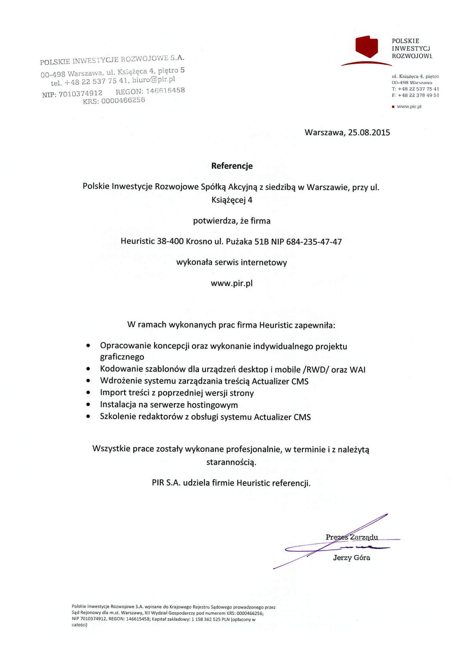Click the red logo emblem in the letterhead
pyautogui.click(x=367, y=47)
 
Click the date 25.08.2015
pyautogui.click(x=369, y=133)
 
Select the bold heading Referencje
pyautogui.click(x=232, y=166)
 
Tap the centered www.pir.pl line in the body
pyautogui.click(x=232, y=283)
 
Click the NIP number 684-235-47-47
pyautogui.click(x=314, y=242)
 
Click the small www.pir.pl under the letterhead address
pyautogui.click(x=409, y=106)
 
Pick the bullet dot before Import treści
pyautogui.click(x=88, y=393)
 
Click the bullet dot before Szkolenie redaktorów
pyautogui.click(x=88, y=416)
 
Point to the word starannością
pyautogui.click(x=231, y=462)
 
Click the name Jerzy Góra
pyautogui.click(x=352, y=558)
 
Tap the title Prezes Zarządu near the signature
pyautogui.click(x=352, y=537)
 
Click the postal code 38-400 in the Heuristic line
pyautogui.click(x=170, y=242)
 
